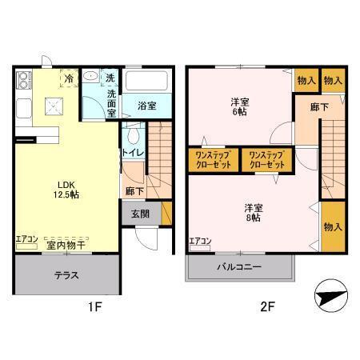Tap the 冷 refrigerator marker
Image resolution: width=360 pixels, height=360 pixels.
point(70,78)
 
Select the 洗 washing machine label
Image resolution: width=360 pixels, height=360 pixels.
point(111,78)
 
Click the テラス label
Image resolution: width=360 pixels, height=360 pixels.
point(66,274)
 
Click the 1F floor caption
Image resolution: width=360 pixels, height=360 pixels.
point(93,306)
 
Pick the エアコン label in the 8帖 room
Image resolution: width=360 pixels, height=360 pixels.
point(200,241)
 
